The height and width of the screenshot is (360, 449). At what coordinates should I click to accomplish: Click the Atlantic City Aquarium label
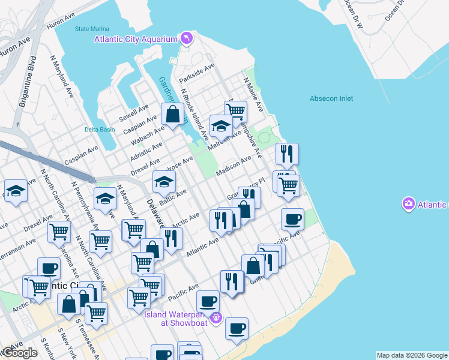[136, 39]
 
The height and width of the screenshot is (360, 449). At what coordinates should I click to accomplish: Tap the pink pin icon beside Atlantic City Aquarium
[188, 39]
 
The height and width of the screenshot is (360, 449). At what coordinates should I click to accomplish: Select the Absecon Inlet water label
[331, 98]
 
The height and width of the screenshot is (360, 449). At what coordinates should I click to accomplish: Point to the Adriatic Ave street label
[146, 152]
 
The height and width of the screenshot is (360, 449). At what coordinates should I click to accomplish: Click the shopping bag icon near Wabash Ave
[172, 114]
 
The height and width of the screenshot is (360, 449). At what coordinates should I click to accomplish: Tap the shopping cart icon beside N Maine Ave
[236, 111]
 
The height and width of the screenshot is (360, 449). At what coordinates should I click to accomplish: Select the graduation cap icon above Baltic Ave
[164, 181]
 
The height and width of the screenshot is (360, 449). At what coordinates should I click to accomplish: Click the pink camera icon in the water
[409, 204]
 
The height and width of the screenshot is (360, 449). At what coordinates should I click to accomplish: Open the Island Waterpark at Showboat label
[175, 317]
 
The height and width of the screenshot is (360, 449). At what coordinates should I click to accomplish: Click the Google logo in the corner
[19, 353]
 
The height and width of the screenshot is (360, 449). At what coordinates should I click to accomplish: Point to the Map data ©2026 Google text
[411, 355]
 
